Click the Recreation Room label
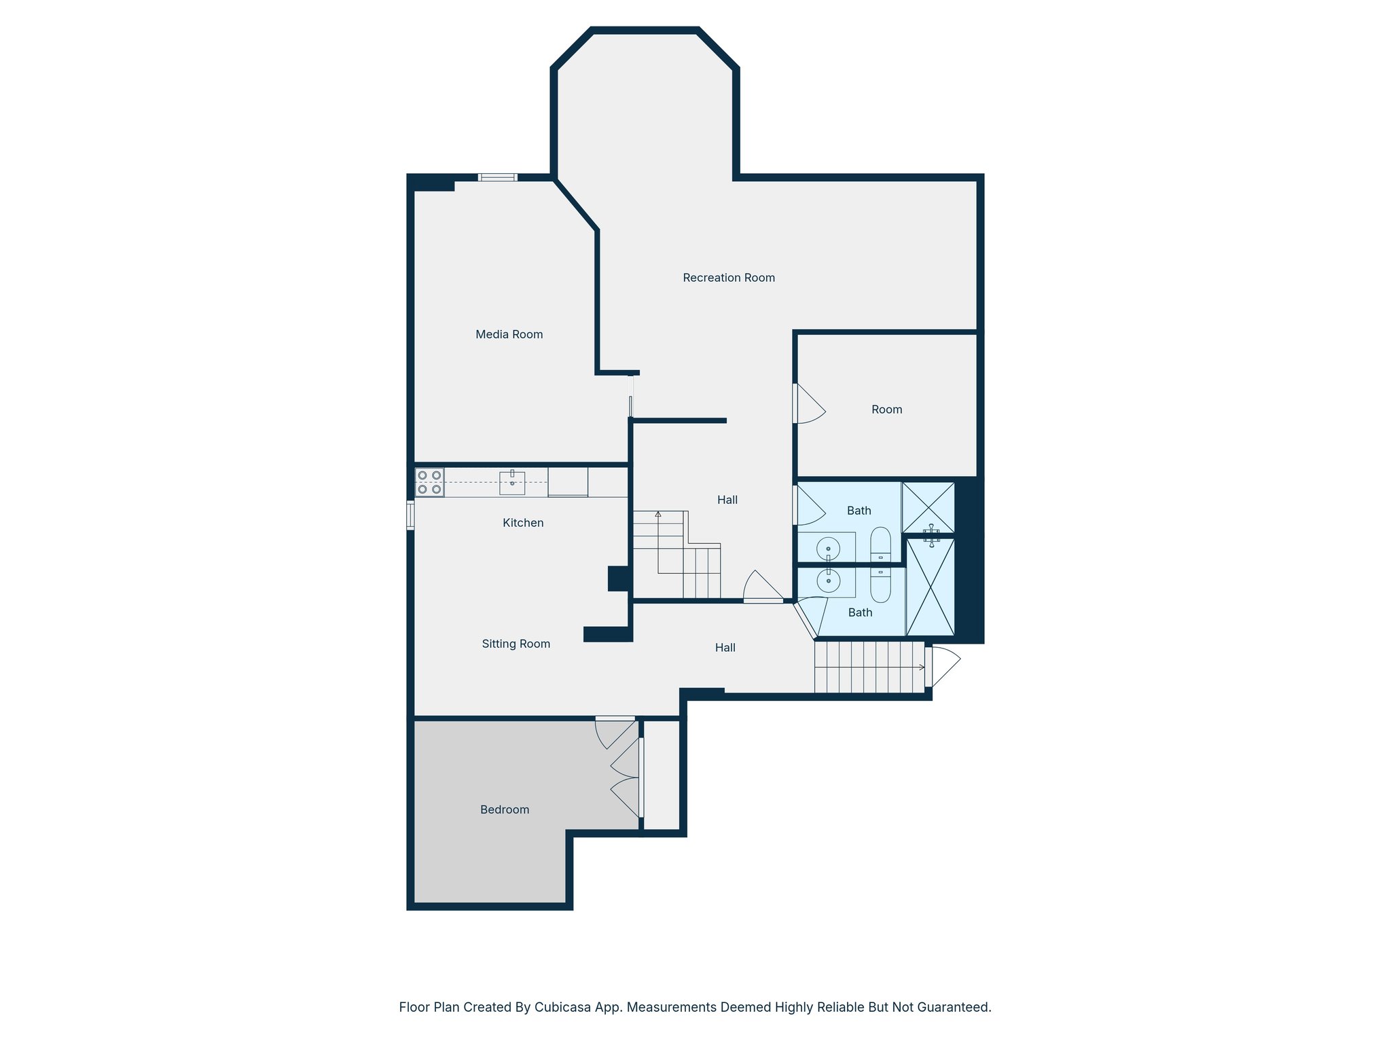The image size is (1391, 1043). pyautogui.click(x=728, y=278)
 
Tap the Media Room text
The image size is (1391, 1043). pyautogui.click(x=509, y=334)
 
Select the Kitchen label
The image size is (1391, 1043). pyautogui.click(x=522, y=523)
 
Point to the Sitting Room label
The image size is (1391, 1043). pyautogui.click(x=516, y=644)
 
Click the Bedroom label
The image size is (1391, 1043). pyautogui.click(x=504, y=809)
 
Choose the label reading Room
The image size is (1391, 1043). pyautogui.click(x=886, y=409)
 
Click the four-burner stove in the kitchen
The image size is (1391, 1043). pyautogui.click(x=429, y=482)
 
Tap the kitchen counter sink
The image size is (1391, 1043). pyautogui.click(x=512, y=483)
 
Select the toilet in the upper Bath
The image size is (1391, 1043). pyautogui.click(x=880, y=545)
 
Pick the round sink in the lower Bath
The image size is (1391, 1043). pyautogui.click(x=828, y=581)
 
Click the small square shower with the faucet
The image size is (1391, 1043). pyautogui.click(x=928, y=508)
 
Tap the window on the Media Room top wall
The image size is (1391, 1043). pyautogui.click(x=497, y=177)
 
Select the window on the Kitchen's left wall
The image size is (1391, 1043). pyautogui.click(x=410, y=515)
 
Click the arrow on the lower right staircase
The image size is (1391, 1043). pyautogui.click(x=920, y=667)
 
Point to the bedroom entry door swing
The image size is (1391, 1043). pyautogui.click(x=615, y=733)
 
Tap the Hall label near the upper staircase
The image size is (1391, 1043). pyautogui.click(x=727, y=500)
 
